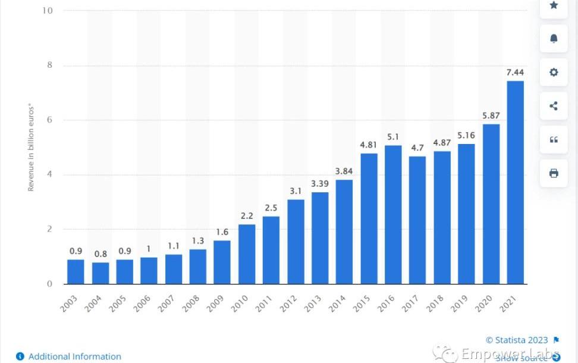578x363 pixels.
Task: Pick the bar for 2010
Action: (247, 254)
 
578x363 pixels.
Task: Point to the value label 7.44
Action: (515, 73)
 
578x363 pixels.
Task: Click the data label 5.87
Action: (491, 115)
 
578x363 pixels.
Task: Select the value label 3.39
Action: (320, 184)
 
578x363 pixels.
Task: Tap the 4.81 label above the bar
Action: (369, 145)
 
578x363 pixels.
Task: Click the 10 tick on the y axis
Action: (47, 11)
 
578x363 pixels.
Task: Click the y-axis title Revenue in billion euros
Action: (31, 148)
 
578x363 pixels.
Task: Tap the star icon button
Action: (554, 5)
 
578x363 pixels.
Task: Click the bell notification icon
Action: (554, 39)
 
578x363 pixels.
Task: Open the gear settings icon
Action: (554, 73)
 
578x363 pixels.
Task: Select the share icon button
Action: (554, 107)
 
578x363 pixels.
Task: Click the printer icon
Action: (554, 173)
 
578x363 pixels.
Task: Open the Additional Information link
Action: (74, 356)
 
